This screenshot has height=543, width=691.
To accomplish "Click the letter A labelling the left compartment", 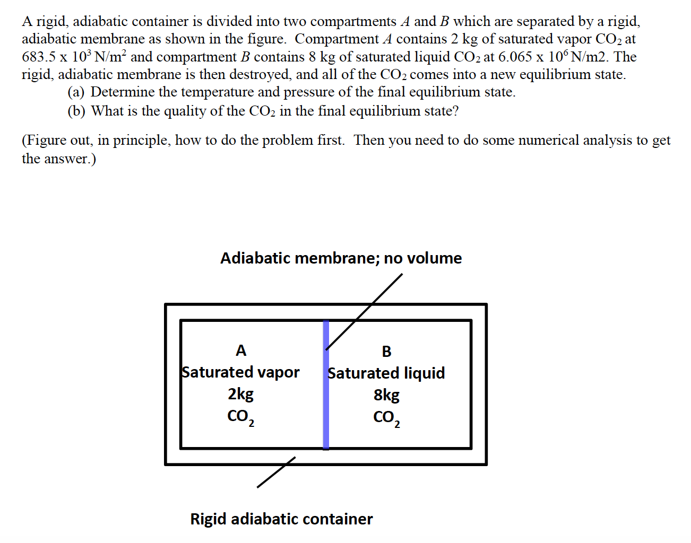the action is point(241,351).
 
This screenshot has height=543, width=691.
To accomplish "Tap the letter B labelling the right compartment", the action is point(386,352).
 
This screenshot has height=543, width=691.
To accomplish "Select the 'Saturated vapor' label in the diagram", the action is point(240,372).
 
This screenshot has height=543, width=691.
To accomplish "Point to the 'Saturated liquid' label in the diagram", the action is point(386,373).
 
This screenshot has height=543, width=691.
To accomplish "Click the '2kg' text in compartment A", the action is point(240,394).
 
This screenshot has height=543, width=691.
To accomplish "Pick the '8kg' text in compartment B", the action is point(386,395).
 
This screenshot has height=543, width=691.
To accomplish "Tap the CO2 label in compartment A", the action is point(240,417).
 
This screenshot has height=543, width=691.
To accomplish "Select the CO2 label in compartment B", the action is point(386,418).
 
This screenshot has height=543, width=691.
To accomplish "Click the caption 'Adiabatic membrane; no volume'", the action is point(341,258).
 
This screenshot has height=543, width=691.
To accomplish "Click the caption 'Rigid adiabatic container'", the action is point(281,519).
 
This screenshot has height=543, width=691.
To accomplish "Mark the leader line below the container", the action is point(276,472).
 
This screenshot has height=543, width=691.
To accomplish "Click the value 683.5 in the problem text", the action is point(39,57).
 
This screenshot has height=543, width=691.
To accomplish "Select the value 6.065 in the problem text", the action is point(515,57).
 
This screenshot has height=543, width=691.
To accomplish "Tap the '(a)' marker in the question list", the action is point(76,92).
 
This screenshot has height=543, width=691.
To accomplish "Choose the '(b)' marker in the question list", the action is point(76,111).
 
